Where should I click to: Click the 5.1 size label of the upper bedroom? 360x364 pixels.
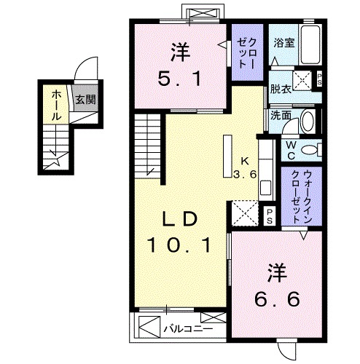point(180,76)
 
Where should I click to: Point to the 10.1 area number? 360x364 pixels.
point(181,245)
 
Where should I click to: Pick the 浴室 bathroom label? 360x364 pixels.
point(284,42)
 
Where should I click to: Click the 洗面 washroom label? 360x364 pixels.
point(281,115)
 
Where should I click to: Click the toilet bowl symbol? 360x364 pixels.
point(310,149)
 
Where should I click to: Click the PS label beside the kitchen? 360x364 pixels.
point(269,213)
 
